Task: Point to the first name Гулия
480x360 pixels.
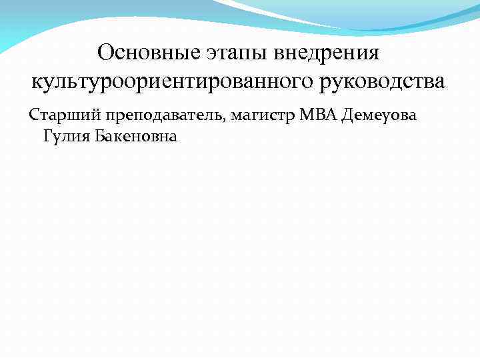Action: [65, 137]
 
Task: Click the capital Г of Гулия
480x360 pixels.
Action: [47, 137]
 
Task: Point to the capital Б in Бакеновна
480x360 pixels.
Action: [100, 137]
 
